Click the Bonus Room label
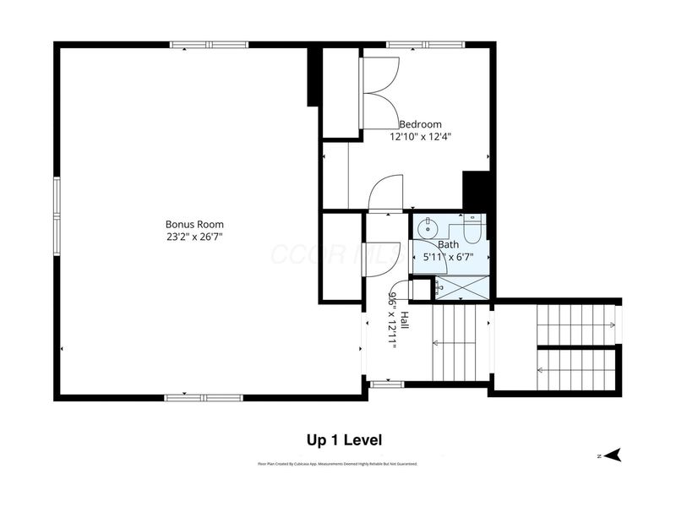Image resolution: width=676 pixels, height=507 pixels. click(x=194, y=224)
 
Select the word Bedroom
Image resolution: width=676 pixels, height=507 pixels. click(x=420, y=124)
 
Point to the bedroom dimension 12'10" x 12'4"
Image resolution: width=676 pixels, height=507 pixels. click(x=420, y=136)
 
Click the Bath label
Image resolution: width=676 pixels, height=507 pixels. click(x=448, y=244)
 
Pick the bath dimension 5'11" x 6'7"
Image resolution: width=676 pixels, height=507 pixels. click(x=448, y=257)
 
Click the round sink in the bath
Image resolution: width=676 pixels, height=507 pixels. click(x=428, y=226)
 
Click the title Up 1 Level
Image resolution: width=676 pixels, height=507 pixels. click(x=344, y=440)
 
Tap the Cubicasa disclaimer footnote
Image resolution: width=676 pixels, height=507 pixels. click(x=338, y=464)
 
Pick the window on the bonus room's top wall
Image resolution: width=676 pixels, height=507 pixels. click(x=203, y=45)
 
